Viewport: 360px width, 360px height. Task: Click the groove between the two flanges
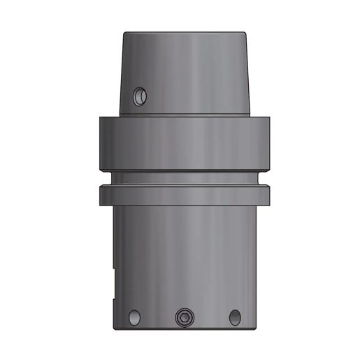click(185, 178)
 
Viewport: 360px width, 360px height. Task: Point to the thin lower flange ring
click(185, 194)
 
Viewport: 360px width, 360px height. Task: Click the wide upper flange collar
click(185, 143)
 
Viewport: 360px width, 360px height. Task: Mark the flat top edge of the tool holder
click(185, 32)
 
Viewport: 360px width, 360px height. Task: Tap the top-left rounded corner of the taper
click(126, 35)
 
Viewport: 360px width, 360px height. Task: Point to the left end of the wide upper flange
click(100, 143)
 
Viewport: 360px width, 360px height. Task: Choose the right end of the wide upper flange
click(269, 143)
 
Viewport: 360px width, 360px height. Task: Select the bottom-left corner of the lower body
click(113, 326)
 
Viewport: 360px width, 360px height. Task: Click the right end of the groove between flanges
click(259, 178)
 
